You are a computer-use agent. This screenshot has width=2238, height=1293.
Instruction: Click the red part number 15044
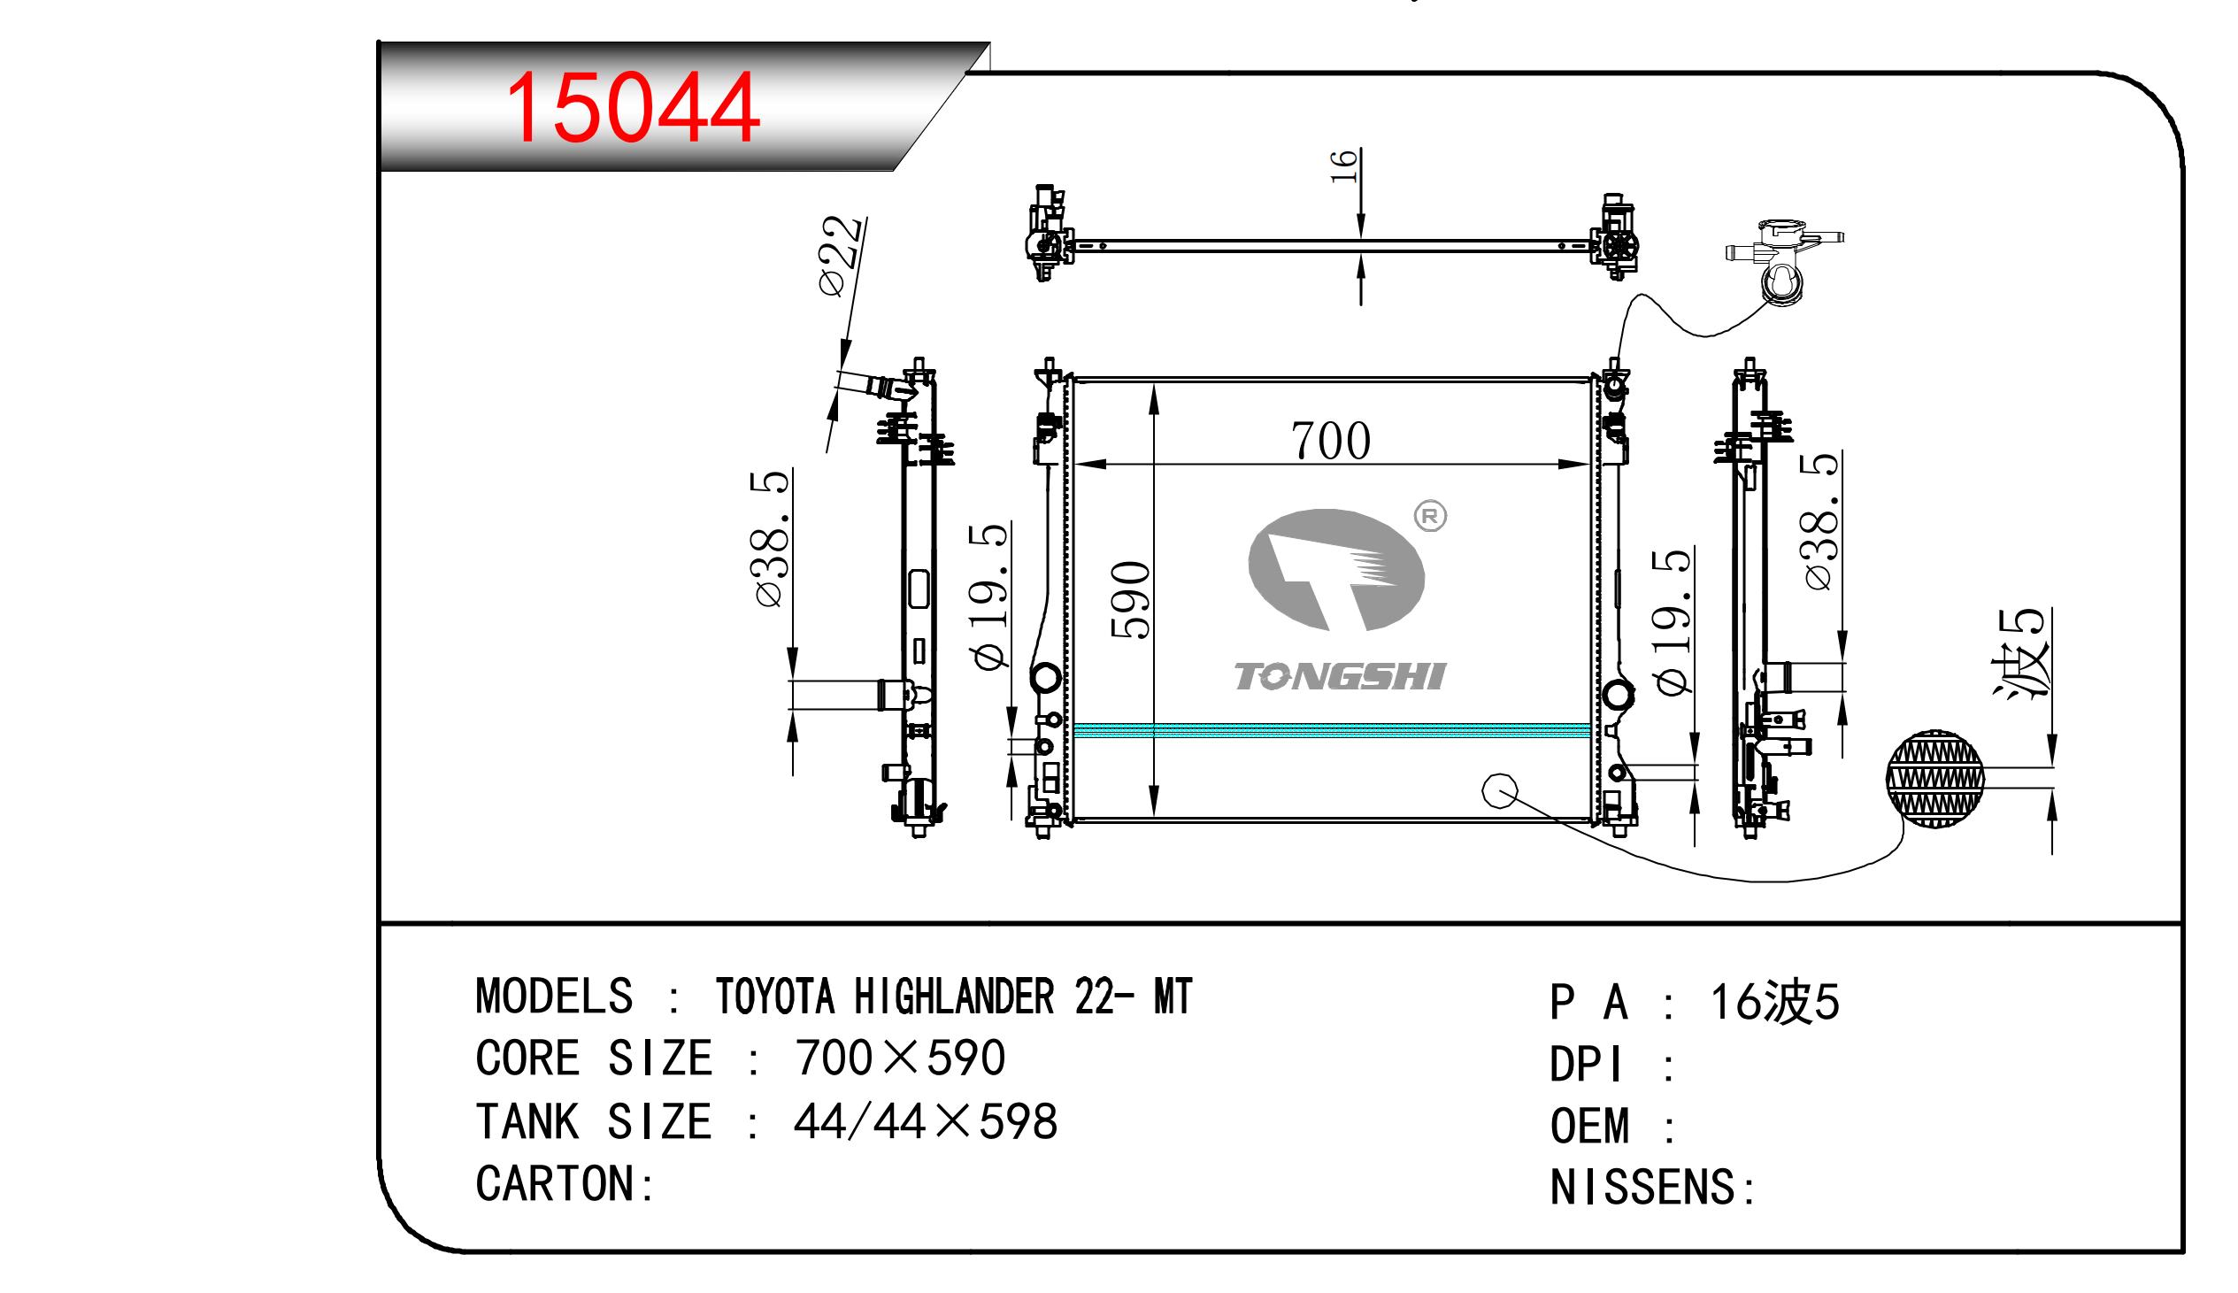tap(632, 108)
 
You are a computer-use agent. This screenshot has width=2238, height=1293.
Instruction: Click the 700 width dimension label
tap(1331, 442)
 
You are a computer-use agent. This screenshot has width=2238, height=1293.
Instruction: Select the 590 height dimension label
tap(1131, 600)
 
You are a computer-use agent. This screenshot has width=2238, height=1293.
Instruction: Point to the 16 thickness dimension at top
tap(1344, 166)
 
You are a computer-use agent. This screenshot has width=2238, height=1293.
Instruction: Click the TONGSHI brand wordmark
tap(1341, 677)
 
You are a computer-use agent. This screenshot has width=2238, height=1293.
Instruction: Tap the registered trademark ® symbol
tap(1430, 516)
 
